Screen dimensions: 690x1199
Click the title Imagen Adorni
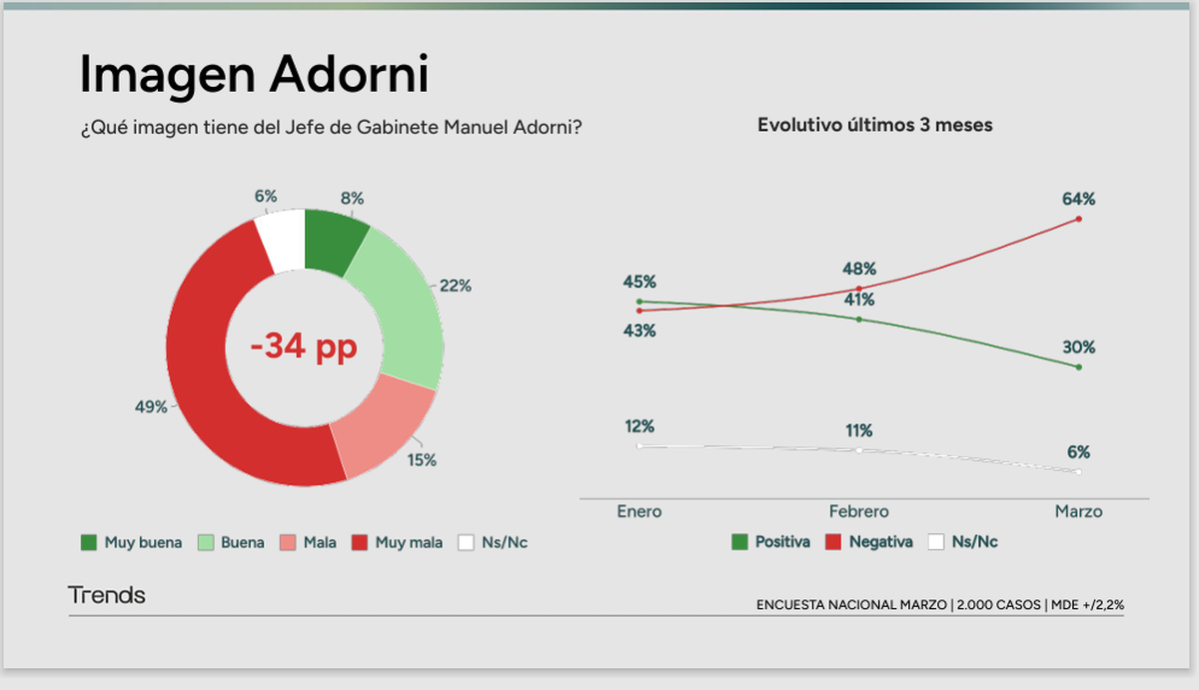254,75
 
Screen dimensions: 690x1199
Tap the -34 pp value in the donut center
304,347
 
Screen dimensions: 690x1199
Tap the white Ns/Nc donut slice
282,240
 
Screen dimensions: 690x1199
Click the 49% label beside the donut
151,406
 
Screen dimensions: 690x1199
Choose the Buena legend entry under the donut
232,543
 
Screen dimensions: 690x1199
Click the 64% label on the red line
1079,198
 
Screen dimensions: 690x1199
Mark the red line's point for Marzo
1079,219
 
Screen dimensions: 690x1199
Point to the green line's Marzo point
1079,367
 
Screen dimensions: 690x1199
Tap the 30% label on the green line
1079,347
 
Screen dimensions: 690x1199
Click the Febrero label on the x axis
858,511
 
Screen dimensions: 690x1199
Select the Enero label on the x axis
638,511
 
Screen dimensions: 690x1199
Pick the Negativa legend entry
870,542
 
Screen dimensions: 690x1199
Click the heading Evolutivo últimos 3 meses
874,126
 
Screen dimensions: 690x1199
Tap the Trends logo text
107,596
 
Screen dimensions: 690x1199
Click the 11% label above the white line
859,431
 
